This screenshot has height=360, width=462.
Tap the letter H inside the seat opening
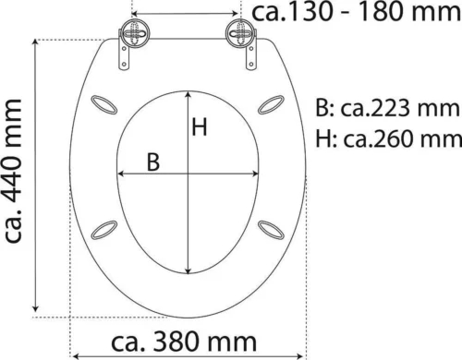200,126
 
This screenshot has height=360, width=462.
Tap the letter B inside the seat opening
153,162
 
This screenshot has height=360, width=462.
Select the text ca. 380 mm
184,342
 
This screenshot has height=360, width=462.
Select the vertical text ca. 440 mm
13,171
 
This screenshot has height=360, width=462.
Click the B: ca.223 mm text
387,108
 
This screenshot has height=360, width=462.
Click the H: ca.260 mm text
389,138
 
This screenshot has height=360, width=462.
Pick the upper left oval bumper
104,105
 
